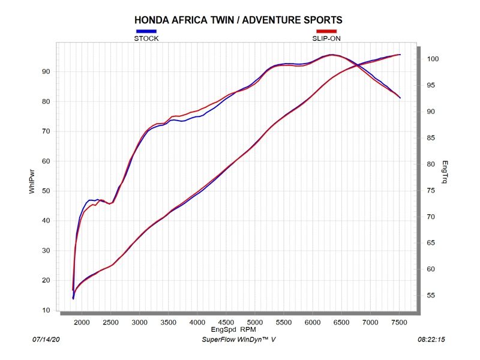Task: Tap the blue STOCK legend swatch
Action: coord(146,31)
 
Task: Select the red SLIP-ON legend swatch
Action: coord(326,31)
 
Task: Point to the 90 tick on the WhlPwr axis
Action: coord(46,71)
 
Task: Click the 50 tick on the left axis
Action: coord(46,191)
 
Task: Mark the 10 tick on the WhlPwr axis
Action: coord(46,310)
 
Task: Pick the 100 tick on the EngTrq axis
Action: coord(433,59)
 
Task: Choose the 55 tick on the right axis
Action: coord(431,296)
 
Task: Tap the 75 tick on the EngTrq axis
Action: coord(431,191)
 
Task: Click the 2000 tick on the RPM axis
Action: coord(82,322)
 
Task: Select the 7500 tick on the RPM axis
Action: coord(399,322)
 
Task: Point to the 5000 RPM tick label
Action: coord(255,322)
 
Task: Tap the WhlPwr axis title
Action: coord(32,181)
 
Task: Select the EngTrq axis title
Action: coord(445,172)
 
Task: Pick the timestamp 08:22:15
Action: coord(431,340)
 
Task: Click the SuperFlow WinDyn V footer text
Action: coord(239,340)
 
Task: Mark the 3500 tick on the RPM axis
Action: coord(169,322)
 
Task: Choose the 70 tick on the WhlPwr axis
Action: coord(46,131)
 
